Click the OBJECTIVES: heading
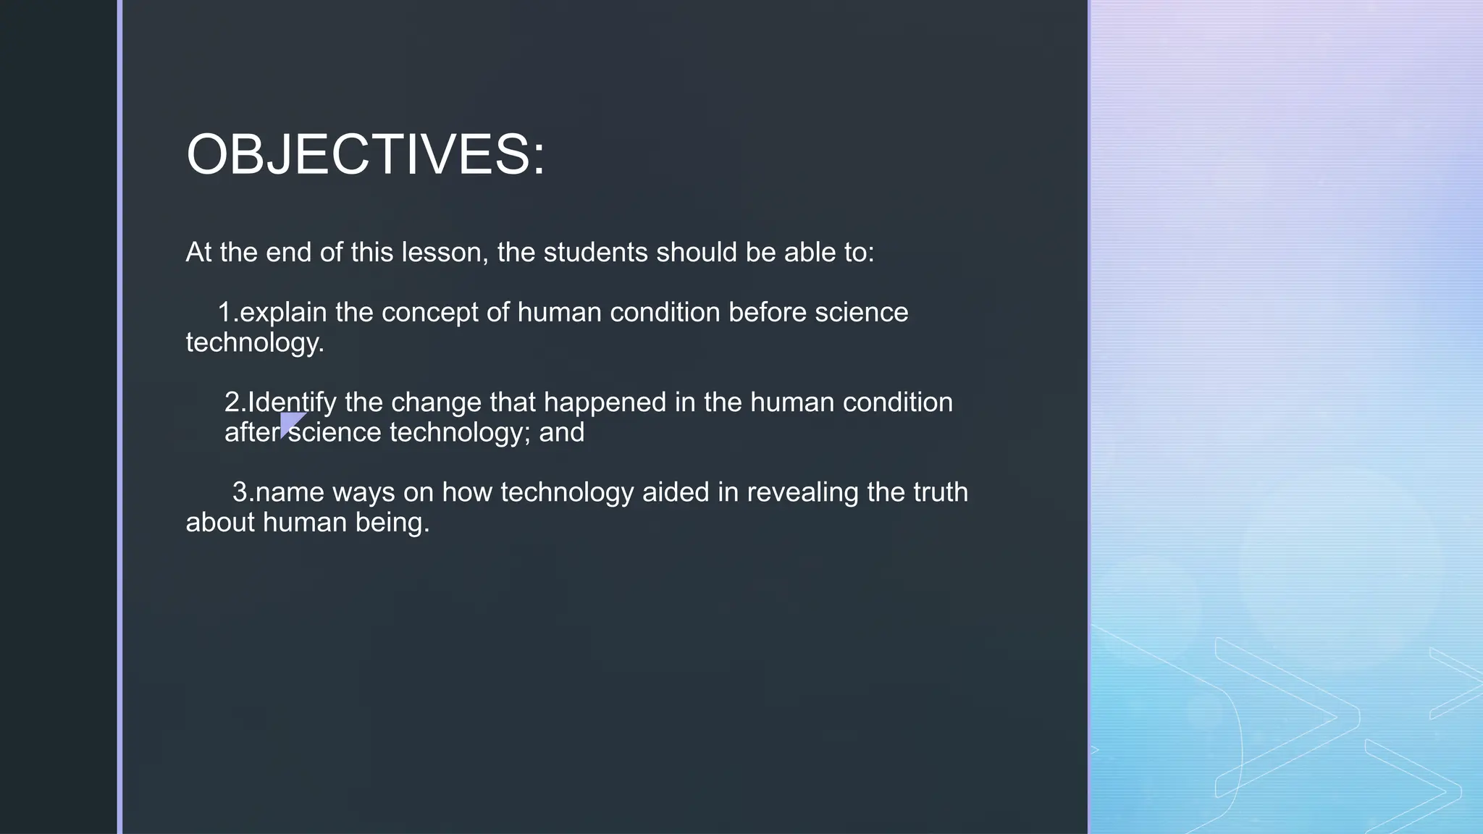click(x=366, y=154)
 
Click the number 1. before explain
click(x=228, y=313)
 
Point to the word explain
click(x=283, y=313)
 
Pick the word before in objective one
click(x=767, y=313)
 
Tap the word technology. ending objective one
click(x=255, y=342)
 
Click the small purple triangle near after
click(x=290, y=422)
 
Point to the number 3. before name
click(x=243, y=492)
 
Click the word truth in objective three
click(x=940, y=492)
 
